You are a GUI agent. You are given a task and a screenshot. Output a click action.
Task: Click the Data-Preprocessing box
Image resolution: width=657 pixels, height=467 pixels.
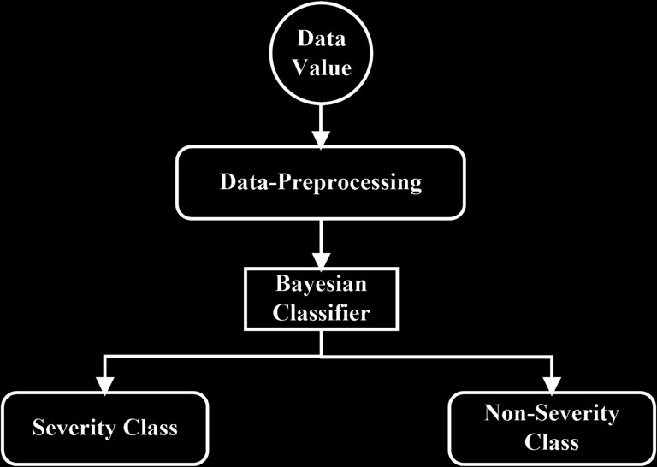coord(321,182)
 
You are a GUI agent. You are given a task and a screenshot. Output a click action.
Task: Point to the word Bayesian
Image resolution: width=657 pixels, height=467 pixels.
coord(322,284)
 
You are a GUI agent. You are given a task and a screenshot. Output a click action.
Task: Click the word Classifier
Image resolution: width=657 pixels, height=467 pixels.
coord(322,312)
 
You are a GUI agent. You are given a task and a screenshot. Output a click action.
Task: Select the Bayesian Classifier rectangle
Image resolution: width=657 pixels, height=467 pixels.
coord(322,298)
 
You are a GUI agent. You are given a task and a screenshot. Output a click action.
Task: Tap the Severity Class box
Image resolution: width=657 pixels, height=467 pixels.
coord(105,426)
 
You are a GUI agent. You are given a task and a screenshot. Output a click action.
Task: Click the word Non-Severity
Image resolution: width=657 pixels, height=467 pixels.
coord(551,414)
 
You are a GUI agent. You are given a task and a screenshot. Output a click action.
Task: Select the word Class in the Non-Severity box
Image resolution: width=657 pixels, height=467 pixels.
coord(551,442)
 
